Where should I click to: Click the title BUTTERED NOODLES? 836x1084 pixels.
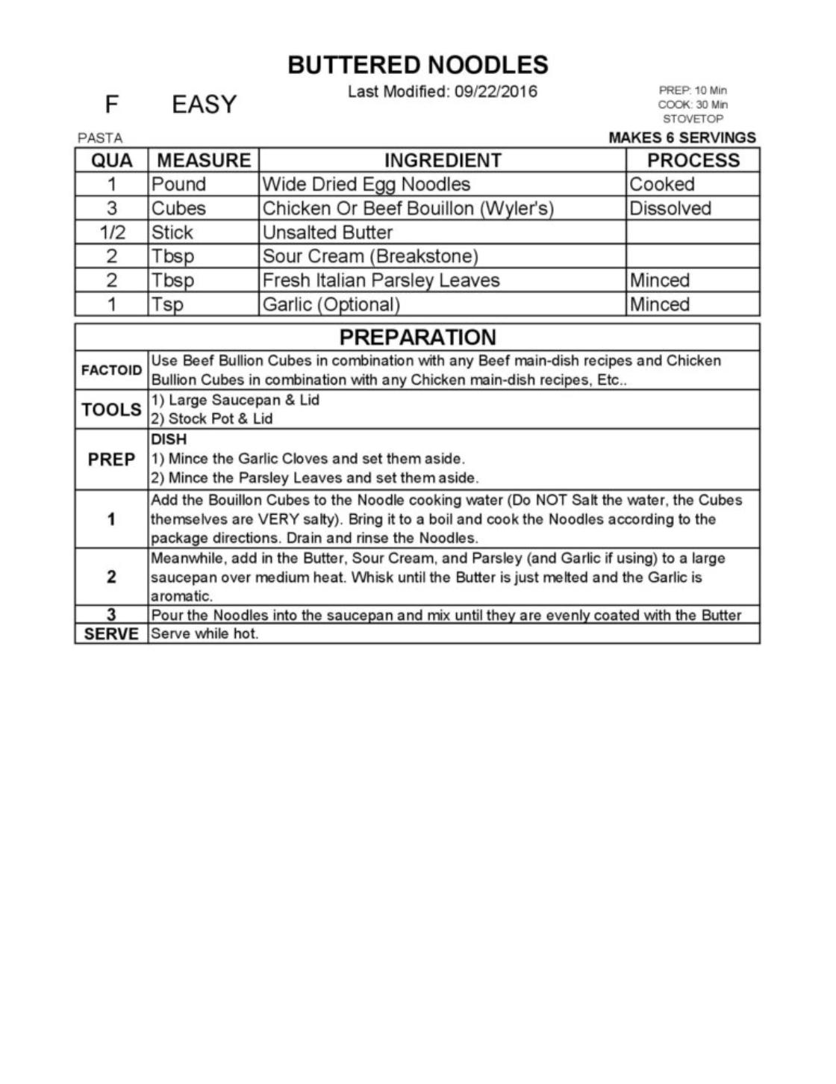(417, 65)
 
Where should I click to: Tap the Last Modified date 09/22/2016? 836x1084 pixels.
(495, 92)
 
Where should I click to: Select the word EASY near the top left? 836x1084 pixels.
(204, 105)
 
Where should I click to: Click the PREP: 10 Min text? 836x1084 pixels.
(692, 90)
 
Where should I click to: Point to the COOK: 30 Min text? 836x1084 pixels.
(692, 105)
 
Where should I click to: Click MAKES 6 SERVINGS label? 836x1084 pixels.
(681, 137)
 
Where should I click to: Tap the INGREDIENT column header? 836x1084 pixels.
(443, 161)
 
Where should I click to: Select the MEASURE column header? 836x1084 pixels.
(204, 161)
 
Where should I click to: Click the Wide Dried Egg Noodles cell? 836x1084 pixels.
(366, 185)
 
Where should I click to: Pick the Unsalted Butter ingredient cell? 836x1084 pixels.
(328, 232)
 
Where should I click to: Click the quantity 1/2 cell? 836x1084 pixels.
(112, 232)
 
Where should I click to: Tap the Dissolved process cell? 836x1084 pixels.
(670, 208)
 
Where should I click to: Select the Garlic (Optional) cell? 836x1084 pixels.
(331, 304)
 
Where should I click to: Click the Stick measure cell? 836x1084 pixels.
(172, 232)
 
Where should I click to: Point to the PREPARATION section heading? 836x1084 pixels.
(417, 337)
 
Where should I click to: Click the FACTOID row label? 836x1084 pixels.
(111, 371)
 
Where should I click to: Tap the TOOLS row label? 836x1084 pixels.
(111, 409)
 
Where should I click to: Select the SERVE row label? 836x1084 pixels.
(111, 634)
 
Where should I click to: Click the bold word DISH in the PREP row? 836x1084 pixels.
(169, 439)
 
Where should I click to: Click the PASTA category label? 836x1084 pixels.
(100, 138)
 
